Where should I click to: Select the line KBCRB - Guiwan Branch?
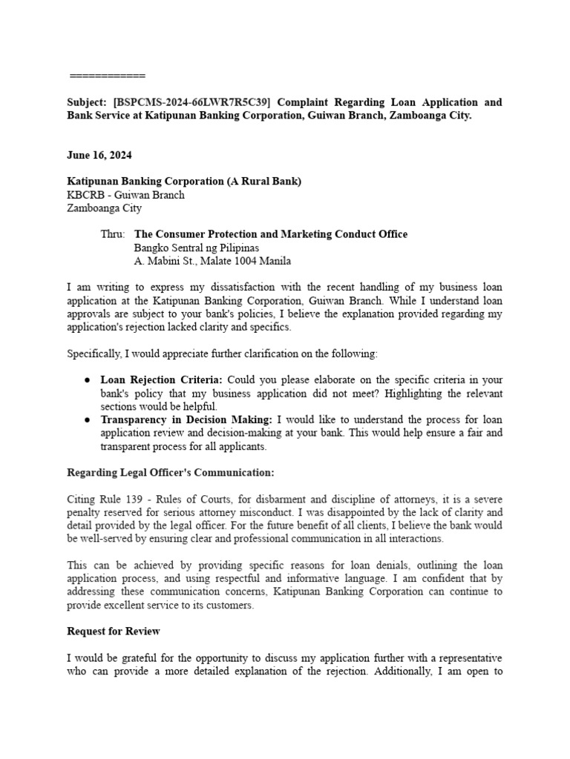coord(125,195)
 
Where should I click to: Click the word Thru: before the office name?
coord(113,234)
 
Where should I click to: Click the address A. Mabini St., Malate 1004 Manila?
coord(212,261)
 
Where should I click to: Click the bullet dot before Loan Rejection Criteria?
coord(88,380)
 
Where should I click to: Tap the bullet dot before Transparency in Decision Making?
coord(88,420)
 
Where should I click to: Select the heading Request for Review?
coord(114,632)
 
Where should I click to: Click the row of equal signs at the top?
coord(108,76)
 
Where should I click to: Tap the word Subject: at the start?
coord(87,102)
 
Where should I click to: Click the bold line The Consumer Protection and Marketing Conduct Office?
coord(271,234)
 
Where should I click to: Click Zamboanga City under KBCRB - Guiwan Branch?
coord(104,208)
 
